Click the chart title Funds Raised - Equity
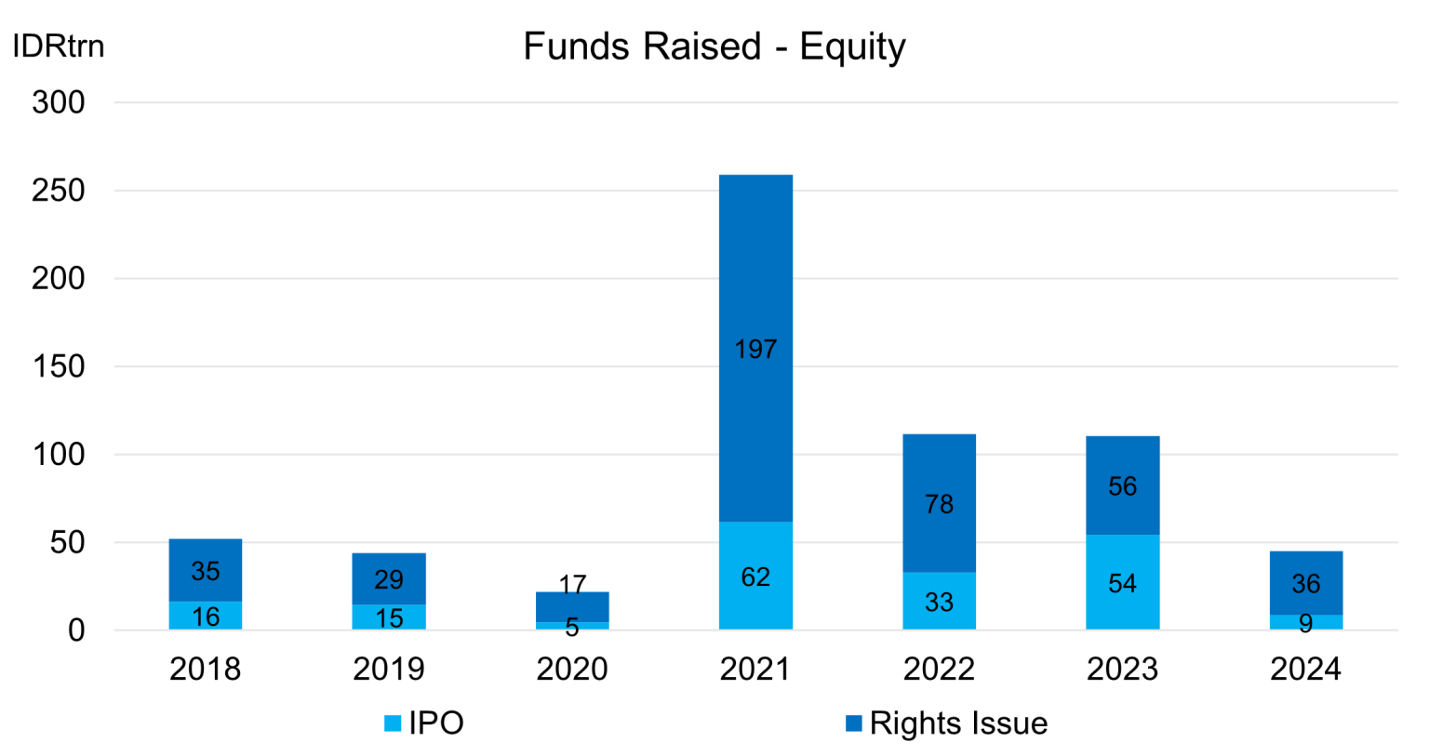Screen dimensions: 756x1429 click(714, 46)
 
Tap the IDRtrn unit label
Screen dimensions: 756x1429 click(58, 46)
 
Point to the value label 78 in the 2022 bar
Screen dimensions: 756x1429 click(939, 504)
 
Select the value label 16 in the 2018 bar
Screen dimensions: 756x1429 click(205, 617)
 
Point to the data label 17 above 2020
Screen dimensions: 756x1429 click(572, 584)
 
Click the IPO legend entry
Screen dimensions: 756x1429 click(424, 723)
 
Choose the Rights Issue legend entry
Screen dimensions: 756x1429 click(946, 723)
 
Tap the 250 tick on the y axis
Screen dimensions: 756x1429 click(58, 191)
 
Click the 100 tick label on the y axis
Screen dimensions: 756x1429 click(58, 455)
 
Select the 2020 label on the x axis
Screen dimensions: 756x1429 click(572, 669)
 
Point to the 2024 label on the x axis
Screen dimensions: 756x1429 click(1305, 669)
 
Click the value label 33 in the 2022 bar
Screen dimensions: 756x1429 click(939, 603)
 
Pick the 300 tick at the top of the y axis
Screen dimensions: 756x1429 click(58, 102)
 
